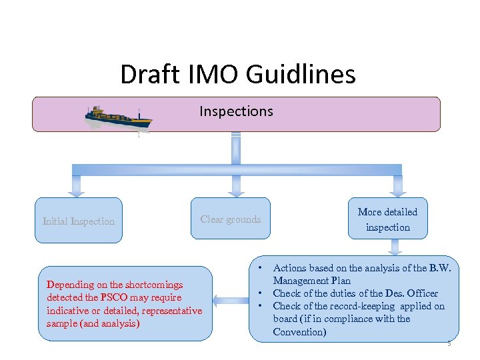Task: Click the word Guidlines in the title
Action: coord(301,74)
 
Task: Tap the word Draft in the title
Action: coord(149,74)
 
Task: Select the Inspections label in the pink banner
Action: coord(236,111)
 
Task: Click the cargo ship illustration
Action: coord(118,118)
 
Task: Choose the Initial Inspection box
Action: coord(79,221)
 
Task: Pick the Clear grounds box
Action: coord(231,219)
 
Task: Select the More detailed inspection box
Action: coord(387,219)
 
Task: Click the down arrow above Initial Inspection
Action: coord(77,185)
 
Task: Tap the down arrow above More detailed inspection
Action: coord(398,185)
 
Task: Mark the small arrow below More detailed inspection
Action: coord(396,247)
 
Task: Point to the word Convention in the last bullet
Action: coord(299,332)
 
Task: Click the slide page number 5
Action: coord(449,343)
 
